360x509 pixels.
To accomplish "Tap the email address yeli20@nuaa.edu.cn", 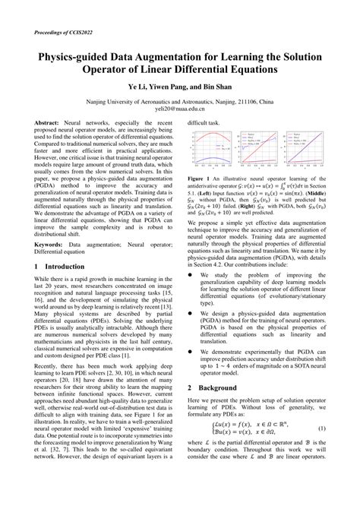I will coord(180,109).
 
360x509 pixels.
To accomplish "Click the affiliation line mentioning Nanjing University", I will coord(180,101).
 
